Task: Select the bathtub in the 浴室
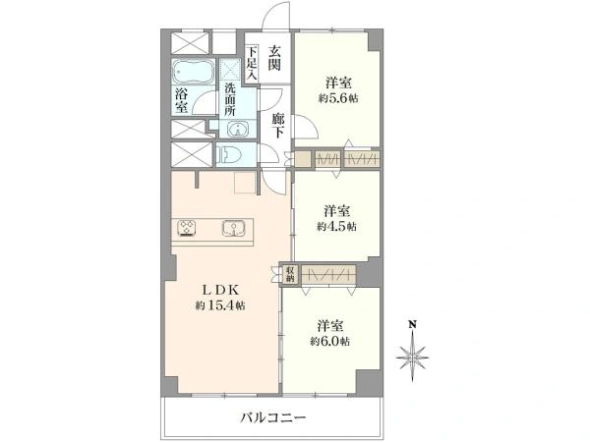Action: point(193,75)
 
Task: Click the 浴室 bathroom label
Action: point(181,101)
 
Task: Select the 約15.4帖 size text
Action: point(218,305)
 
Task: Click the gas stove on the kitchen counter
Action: point(188,229)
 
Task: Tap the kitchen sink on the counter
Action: point(234,229)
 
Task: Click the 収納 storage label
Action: point(290,275)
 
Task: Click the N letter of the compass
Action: point(414,323)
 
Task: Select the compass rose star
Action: point(414,354)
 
